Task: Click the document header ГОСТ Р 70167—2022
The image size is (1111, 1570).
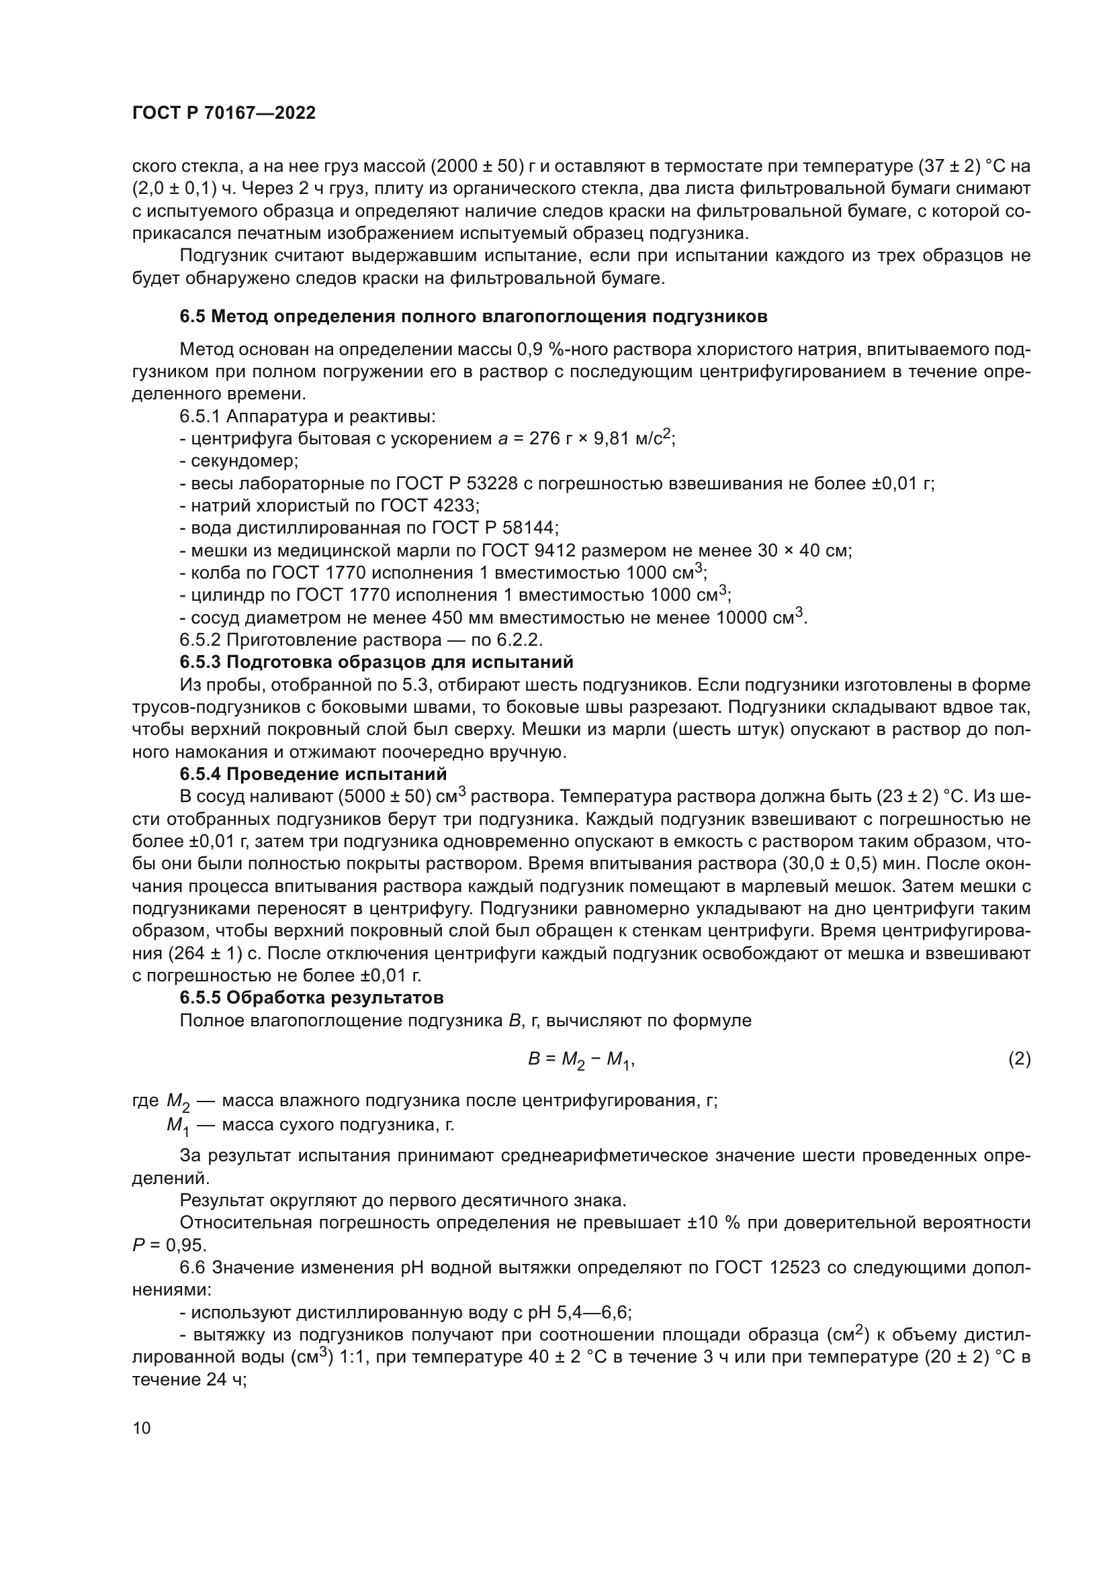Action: coord(224,113)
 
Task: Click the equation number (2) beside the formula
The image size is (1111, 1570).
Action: coord(1020,1059)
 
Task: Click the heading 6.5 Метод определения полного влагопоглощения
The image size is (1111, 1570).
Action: coord(474,317)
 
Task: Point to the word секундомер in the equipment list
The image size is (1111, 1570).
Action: coord(245,461)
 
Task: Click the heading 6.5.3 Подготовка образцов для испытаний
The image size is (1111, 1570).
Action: coord(376,662)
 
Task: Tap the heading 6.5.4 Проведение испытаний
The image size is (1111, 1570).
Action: coord(313,774)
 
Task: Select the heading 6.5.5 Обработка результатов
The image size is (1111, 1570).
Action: coord(311,997)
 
